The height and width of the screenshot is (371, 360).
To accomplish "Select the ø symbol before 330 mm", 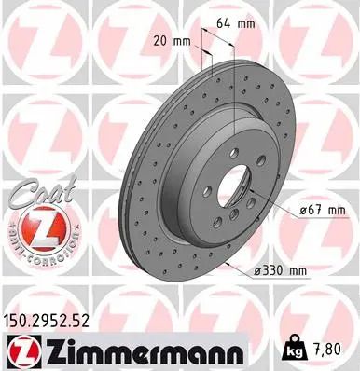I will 253,271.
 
